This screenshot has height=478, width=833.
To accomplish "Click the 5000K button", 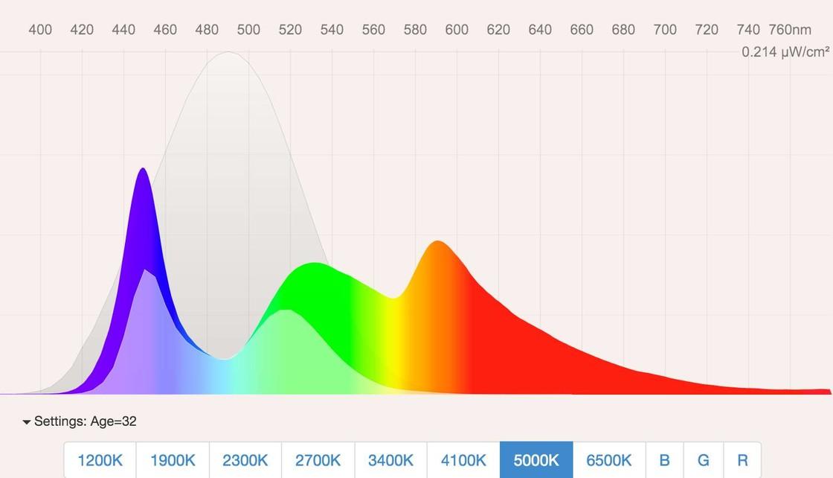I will click(x=536, y=460).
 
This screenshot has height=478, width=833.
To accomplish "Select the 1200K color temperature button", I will click(x=100, y=460).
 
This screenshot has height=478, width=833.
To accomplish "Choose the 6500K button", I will click(x=609, y=460).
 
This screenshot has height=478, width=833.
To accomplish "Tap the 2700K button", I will click(x=318, y=460).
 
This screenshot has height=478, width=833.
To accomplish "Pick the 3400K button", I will click(x=390, y=460).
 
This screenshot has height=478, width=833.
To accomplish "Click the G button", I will click(x=703, y=460).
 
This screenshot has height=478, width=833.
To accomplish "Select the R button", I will click(x=742, y=460).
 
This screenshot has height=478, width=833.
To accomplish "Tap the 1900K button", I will click(x=173, y=460).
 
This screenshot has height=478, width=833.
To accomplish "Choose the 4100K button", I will click(x=463, y=460).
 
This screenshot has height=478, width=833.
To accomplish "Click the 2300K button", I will click(x=245, y=460).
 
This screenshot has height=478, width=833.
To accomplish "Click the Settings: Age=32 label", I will click(x=85, y=421).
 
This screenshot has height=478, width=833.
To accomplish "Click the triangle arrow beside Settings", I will click(x=27, y=422).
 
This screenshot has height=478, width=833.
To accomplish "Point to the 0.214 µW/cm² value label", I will click(x=785, y=52).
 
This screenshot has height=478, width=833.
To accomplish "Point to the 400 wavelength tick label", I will click(x=40, y=30).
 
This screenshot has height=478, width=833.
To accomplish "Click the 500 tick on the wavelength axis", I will click(x=248, y=30).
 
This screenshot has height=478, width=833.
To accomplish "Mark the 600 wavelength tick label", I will click(x=457, y=30).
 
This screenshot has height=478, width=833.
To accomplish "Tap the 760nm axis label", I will click(x=791, y=30).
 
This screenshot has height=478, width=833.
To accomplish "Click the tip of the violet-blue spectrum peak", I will click(x=143, y=169).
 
